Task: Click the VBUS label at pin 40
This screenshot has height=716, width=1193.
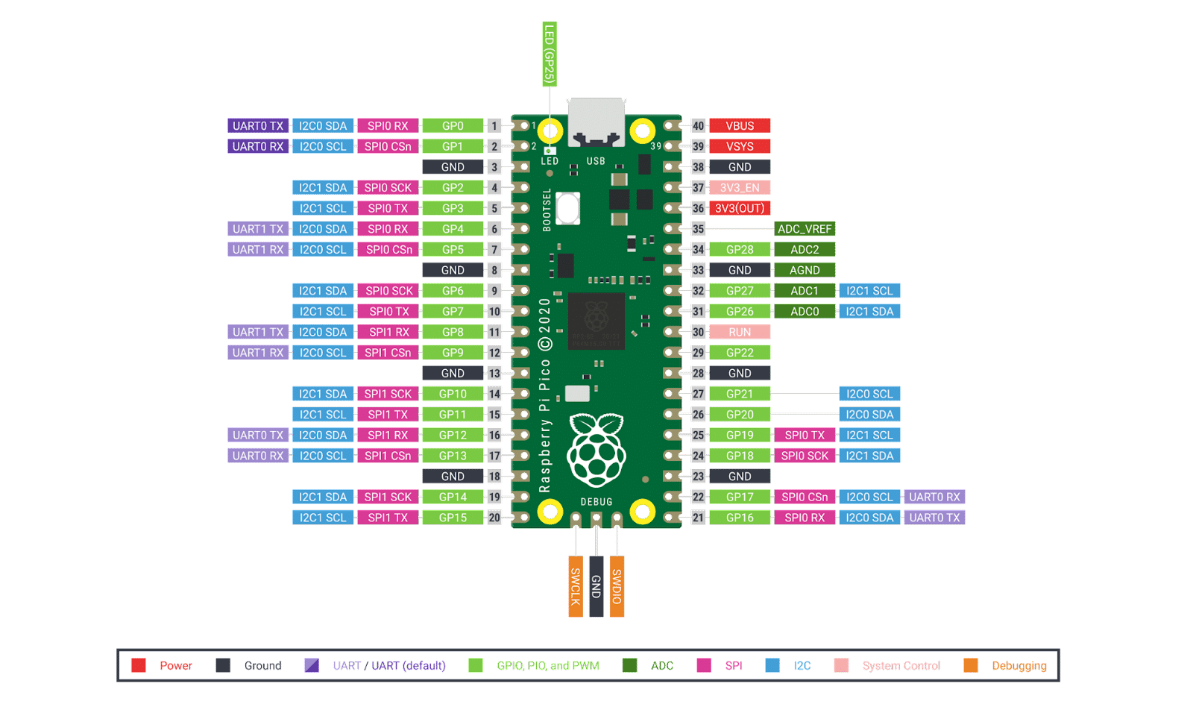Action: (x=740, y=126)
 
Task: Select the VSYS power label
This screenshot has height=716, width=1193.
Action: (x=740, y=147)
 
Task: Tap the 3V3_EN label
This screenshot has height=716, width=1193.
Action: (x=740, y=188)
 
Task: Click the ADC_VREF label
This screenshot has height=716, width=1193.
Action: (x=805, y=229)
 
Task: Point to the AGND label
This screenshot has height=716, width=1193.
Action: (x=805, y=270)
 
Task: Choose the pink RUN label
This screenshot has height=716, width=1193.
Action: (x=740, y=332)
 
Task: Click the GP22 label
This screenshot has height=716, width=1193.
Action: (x=740, y=353)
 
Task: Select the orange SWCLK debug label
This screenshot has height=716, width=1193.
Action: (x=576, y=586)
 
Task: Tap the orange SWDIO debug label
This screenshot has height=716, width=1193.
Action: (x=617, y=586)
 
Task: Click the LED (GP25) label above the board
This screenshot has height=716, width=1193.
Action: (x=550, y=54)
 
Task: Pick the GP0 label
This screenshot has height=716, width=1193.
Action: (x=453, y=126)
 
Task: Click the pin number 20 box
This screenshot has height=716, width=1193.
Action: (x=494, y=518)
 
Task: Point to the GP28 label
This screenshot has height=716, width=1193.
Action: (x=740, y=250)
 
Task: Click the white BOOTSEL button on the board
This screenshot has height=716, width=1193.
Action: (x=568, y=208)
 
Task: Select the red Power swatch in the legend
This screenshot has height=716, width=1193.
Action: (x=139, y=665)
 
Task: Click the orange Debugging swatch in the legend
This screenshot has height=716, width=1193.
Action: (x=971, y=665)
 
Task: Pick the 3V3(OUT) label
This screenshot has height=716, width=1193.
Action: (x=740, y=209)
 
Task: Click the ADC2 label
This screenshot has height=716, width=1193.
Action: (x=805, y=250)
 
